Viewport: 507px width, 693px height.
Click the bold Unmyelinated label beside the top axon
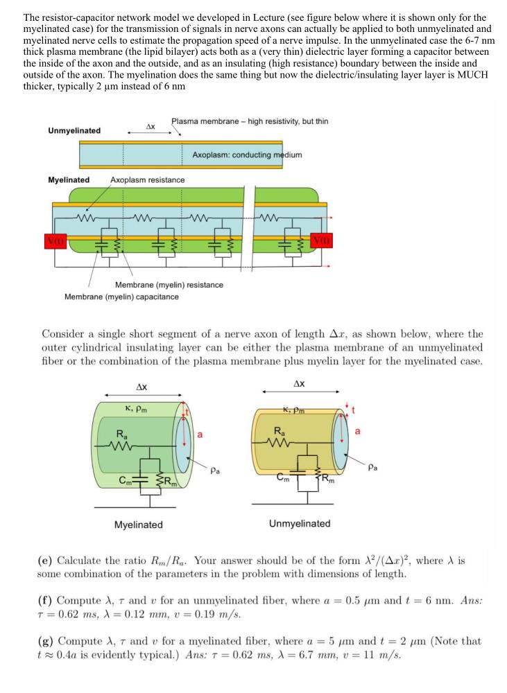click(x=74, y=130)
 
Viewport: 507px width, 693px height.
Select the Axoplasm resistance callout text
click(x=147, y=180)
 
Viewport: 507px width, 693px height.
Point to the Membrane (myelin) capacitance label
click(x=121, y=297)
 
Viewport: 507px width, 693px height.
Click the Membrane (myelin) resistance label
click(x=169, y=285)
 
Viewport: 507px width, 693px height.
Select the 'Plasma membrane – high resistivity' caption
click(x=250, y=121)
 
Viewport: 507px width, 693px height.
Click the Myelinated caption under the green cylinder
click(x=139, y=525)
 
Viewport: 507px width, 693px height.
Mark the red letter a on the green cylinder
click(x=200, y=435)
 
